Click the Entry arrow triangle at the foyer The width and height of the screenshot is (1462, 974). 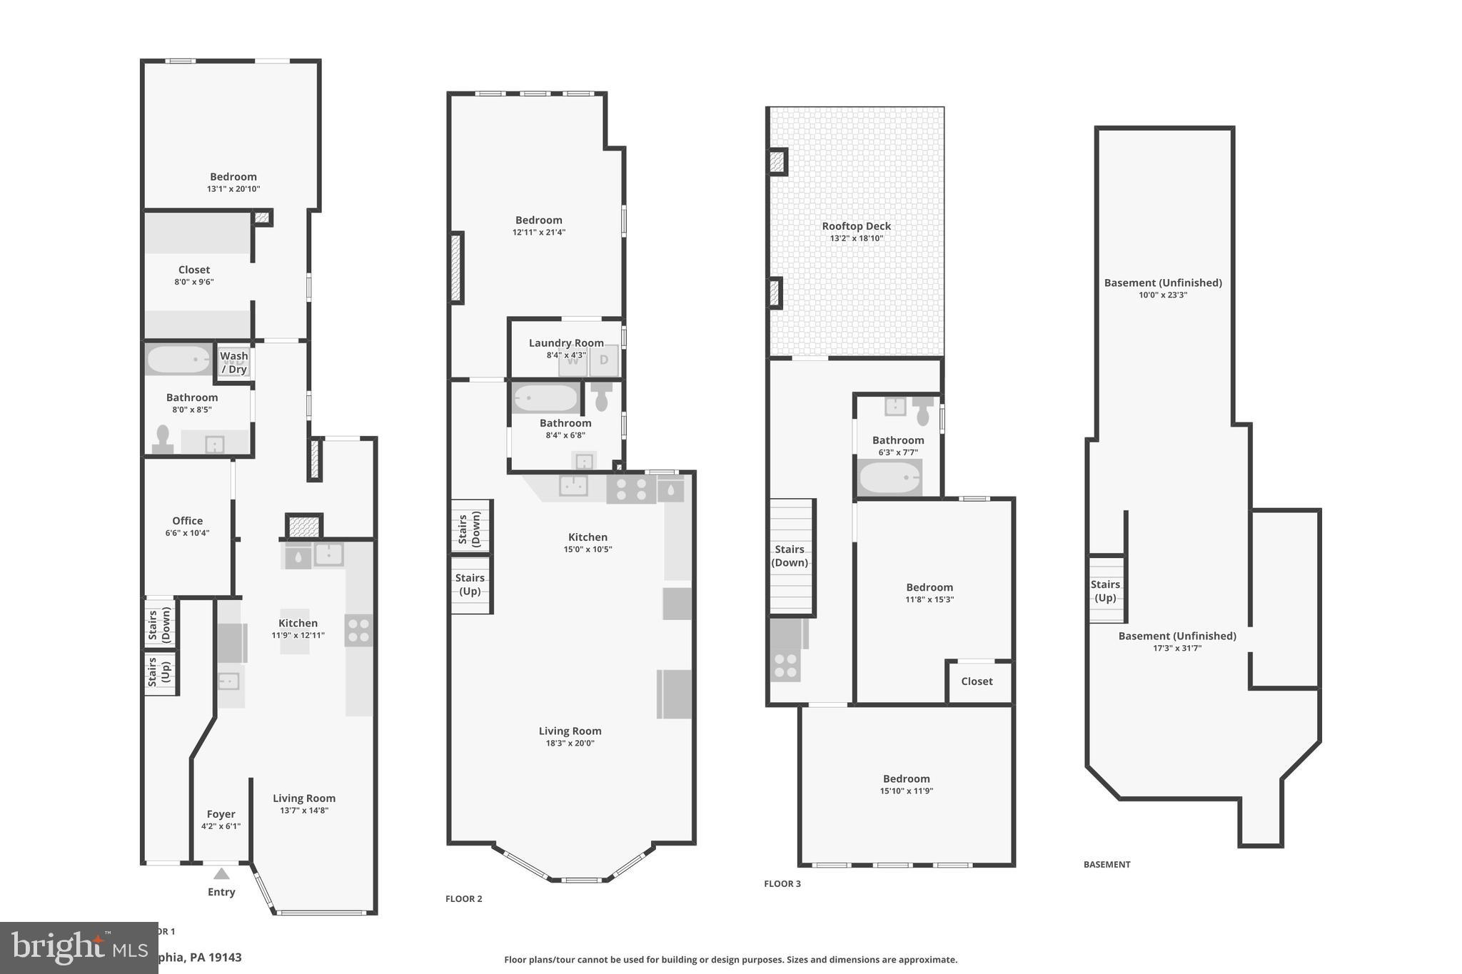tap(222, 873)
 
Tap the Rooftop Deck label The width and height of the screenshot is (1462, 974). tap(856, 226)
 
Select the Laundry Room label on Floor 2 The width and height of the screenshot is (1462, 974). tap(566, 343)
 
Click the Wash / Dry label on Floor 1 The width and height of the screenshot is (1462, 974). tap(234, 362)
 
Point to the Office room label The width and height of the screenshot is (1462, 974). tap(187, 521)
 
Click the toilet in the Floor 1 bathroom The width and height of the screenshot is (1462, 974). tap(163, 439)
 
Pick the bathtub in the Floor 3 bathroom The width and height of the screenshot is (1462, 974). tap(889, 477)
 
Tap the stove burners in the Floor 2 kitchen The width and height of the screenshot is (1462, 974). tap(631, 489)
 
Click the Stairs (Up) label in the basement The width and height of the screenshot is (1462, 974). tap(1105, 591)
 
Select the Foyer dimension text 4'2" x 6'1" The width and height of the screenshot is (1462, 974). tap(221, 826)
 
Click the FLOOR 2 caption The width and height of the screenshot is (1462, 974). tap(463, 898)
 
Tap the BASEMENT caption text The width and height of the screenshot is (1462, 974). tap(1106, 864)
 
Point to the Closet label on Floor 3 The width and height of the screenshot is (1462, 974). tap(977, 681)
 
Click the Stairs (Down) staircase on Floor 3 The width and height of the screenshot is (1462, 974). tap(791, 557)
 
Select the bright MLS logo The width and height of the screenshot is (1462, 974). tap(69, 947)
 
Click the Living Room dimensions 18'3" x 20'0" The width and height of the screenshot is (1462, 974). tap(570, 743)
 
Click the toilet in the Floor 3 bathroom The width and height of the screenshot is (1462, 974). tap(922, 411)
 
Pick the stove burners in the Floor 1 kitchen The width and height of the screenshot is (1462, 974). tap(358, 631)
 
